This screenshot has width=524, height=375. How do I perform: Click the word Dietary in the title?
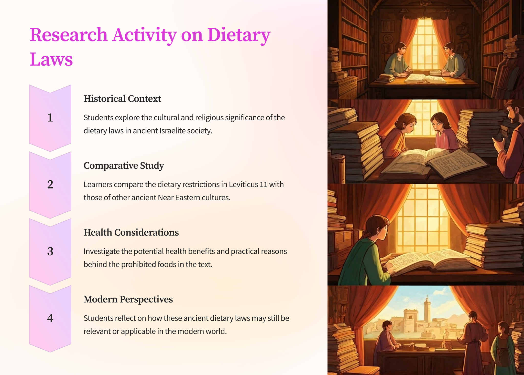click(239, 35)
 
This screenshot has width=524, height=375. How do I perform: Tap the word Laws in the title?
click(51, 59)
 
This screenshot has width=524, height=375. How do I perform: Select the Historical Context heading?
click(122, 99)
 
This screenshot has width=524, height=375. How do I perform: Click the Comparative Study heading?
click(124, 165)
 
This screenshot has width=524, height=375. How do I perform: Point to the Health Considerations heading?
click(131, 232)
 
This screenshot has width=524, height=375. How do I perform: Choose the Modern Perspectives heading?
click(128, 299)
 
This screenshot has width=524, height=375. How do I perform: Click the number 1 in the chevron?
click(50, 118)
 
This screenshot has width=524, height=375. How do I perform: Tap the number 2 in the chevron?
click(50, 184)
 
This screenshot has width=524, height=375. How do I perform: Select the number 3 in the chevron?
click(50, 251)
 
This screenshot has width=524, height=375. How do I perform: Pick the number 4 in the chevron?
click(50, 318)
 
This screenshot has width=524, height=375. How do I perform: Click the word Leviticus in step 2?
click(243, 184)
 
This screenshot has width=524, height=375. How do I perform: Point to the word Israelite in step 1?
click(172, 131)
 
